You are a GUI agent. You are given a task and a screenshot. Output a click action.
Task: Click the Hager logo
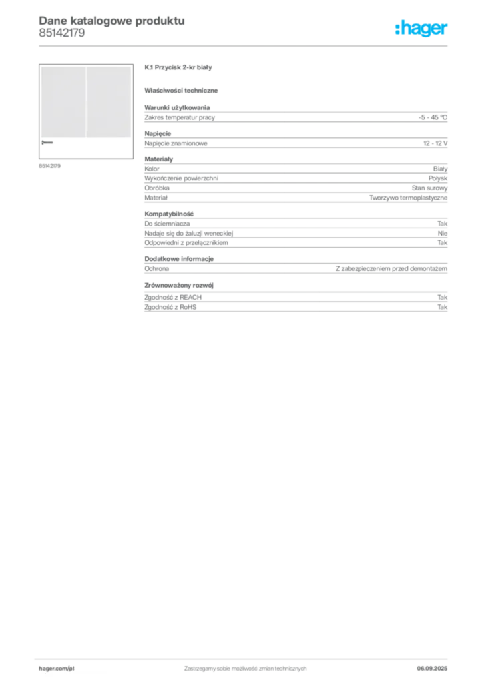coord(421,29)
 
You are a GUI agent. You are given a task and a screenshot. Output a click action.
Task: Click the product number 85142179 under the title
coord(62,33)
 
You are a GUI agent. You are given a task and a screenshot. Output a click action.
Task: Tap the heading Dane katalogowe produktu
coord(112,21)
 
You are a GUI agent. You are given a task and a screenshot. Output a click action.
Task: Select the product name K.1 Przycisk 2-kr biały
coord(178,67)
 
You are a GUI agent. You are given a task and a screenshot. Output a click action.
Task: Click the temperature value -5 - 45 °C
coord(433,117)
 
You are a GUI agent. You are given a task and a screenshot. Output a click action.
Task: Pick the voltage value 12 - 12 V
coord(435,143)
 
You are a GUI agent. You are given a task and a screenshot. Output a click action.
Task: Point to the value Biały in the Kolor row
coord(440,169)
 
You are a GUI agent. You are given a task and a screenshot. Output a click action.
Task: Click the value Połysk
coord(438,178)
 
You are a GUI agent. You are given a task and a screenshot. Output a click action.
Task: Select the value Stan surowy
coord(430,188)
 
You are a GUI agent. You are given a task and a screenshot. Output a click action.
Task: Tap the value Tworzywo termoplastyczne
coord(409,198)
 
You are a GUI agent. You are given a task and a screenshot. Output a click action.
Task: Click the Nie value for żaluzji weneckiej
coord(443,233)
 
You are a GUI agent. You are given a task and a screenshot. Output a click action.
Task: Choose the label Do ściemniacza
coord(167,224)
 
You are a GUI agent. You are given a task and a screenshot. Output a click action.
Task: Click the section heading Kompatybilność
coord(169,214)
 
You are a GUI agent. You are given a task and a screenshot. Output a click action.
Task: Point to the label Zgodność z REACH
coord(173,298)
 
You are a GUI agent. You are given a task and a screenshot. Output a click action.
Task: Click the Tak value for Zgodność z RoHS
coord(443,307)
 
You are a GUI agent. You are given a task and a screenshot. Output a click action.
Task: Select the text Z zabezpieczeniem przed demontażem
coord(391,269)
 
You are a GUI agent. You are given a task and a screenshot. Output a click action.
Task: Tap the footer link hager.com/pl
coord(57,669)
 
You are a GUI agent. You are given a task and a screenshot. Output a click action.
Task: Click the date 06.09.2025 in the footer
coord(432,669)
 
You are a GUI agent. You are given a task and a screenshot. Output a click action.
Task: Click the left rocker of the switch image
coord(63,102)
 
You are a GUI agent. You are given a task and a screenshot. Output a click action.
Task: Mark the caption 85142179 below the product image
coord(49,166)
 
